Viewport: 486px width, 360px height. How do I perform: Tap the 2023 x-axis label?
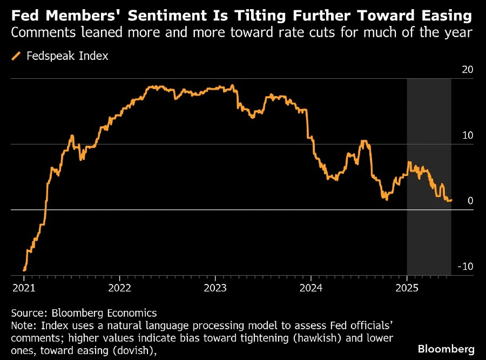[215, 288]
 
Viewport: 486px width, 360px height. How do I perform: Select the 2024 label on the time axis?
[312, 288]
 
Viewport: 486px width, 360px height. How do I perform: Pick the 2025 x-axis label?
[407, 288]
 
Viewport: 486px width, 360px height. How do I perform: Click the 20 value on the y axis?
[467, 70]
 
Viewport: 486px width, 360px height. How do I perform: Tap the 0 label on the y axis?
[470, 200]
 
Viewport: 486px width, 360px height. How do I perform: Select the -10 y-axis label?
[465, 266]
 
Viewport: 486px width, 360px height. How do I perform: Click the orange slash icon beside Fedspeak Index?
[16, 56]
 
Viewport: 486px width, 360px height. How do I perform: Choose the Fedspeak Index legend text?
[67, 56]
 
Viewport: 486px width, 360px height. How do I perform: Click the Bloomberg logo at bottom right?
[446, 348]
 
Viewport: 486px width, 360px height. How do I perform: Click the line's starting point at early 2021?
[24, 270]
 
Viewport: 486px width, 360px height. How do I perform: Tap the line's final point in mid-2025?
[451, 200]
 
